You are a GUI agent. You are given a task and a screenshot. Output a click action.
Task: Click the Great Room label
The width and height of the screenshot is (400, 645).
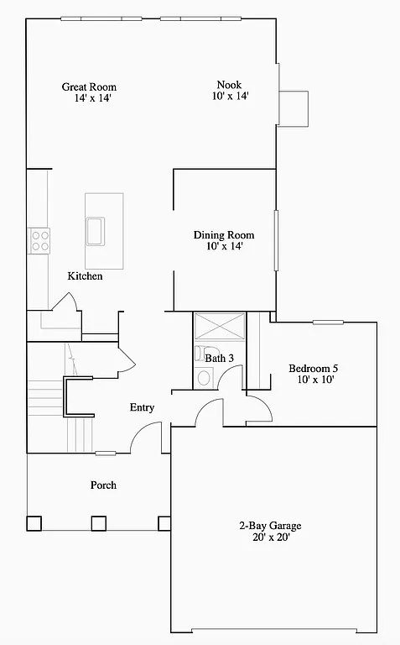(89, 87)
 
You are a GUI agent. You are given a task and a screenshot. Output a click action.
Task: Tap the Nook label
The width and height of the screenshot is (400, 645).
(229, 84)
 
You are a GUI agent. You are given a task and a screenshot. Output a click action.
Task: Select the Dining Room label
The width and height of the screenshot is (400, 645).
(223, 235)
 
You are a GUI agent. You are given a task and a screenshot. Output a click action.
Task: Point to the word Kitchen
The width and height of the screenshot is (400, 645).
(86, 276)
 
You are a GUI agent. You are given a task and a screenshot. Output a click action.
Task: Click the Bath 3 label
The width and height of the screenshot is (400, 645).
(220, 358)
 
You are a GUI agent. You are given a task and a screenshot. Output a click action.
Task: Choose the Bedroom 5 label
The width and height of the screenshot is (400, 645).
(314, 368)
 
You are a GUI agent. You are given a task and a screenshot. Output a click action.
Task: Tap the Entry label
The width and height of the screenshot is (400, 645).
(142, 407)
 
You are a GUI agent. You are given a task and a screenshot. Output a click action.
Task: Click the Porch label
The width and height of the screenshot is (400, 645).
(103, 485)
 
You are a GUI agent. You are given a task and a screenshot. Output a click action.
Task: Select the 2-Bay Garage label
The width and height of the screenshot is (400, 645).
(269, 527)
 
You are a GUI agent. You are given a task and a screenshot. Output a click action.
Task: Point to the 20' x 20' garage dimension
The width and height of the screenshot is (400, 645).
(269, 538)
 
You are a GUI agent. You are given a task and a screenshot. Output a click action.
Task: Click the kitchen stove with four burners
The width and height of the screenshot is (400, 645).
(39, 241)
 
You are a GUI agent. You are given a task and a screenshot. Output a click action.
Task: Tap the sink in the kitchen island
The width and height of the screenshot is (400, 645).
(94, 230)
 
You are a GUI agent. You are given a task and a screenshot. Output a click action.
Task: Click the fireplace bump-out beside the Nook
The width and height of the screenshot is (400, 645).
(294, 109)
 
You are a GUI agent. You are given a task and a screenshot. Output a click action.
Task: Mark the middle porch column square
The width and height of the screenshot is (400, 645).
(98, 523)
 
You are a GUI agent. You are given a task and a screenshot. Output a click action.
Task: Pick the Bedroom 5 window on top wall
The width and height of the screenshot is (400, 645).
(328, 322)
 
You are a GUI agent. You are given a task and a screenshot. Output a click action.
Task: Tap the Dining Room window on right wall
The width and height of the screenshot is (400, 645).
(276, 241)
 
